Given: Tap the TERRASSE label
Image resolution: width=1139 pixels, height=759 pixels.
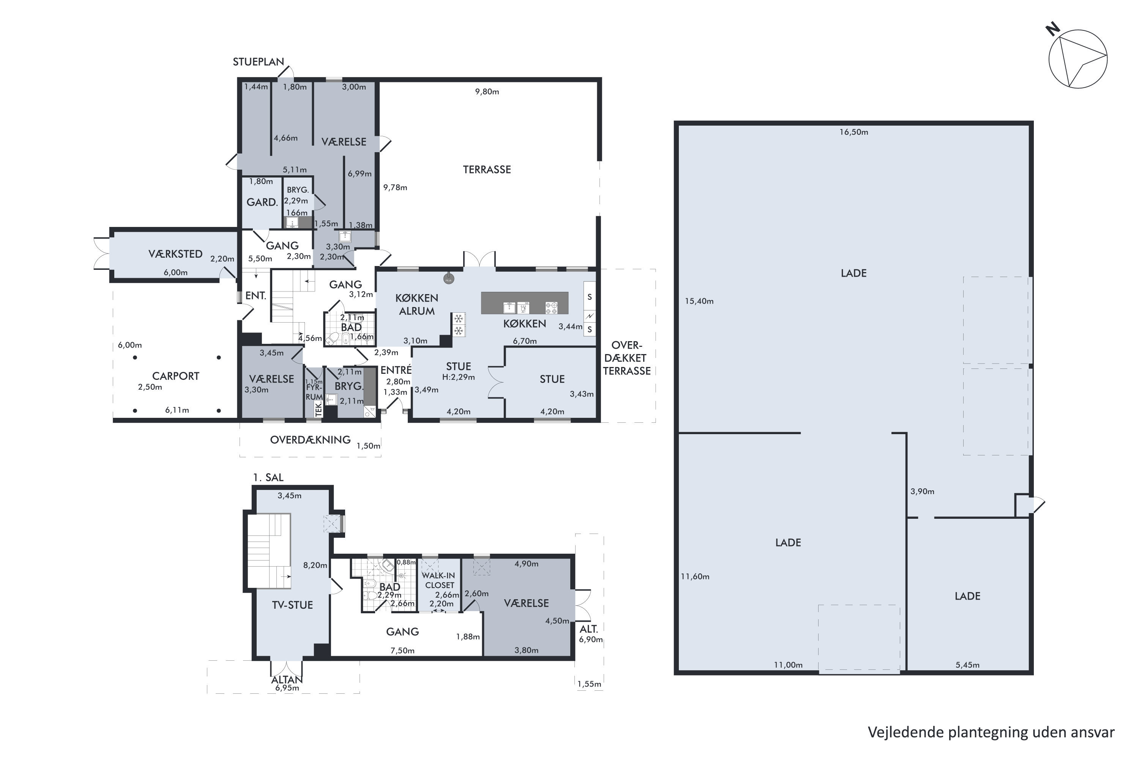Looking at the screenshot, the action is tap(487, 169).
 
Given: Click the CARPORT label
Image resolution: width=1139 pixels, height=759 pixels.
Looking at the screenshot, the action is tap(176, 376).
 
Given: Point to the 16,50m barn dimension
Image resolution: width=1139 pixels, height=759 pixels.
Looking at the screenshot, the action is tap(854, 132).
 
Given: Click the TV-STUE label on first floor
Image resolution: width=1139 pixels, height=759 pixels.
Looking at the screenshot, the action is tap(292, 605).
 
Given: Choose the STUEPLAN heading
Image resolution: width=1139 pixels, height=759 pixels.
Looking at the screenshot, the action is tap(259, 62).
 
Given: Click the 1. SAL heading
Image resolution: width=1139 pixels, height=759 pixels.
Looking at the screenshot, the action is tap(268, 477).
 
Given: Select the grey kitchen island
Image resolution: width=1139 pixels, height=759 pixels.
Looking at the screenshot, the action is tap(524, 303).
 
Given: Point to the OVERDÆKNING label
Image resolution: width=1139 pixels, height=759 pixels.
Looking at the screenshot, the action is tap(311, 440).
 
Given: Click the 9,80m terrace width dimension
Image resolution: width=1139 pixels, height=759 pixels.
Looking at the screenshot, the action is tap(487, 91).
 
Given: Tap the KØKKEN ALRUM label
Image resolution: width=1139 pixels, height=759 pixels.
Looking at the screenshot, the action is tap(417, 304).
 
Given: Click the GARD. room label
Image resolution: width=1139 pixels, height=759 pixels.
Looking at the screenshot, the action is tap(262, 202).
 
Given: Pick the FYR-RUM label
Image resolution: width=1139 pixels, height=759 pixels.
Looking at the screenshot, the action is tap(314, 392).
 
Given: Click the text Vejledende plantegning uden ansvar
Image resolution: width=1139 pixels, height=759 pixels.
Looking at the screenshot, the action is tap(991, 732).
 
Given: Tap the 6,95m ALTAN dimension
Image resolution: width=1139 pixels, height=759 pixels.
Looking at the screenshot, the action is tap(287, 688).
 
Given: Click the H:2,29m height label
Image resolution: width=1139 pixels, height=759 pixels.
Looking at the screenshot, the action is tap(459, 377).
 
